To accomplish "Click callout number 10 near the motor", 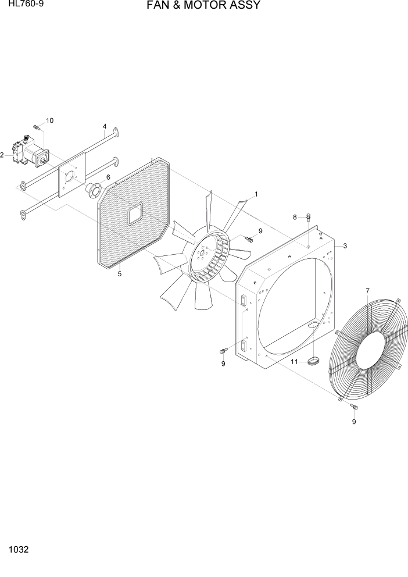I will (49, 120).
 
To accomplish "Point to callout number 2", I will (2, 155).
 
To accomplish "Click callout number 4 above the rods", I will (105, 126).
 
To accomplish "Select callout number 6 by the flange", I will (108, 177).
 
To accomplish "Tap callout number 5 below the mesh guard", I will (120, 273).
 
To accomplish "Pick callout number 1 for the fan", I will (256, 194).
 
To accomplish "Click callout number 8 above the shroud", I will (295, 217).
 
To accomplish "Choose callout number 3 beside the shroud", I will (345, 246).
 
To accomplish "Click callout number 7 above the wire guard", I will (367, 290).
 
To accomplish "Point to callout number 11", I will (294, 362).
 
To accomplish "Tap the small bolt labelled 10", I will (37, 127).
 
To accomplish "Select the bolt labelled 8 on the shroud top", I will (308, 218).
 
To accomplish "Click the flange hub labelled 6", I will (93, 189).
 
